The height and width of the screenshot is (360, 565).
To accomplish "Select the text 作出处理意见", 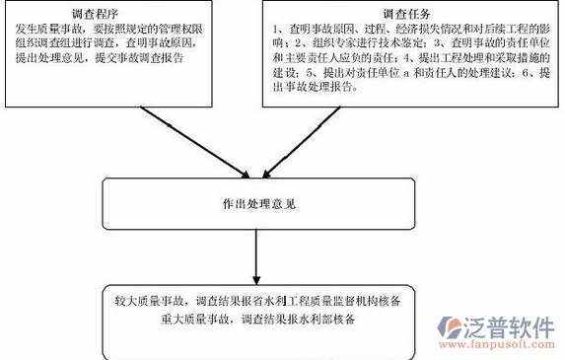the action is pos(253,204).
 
